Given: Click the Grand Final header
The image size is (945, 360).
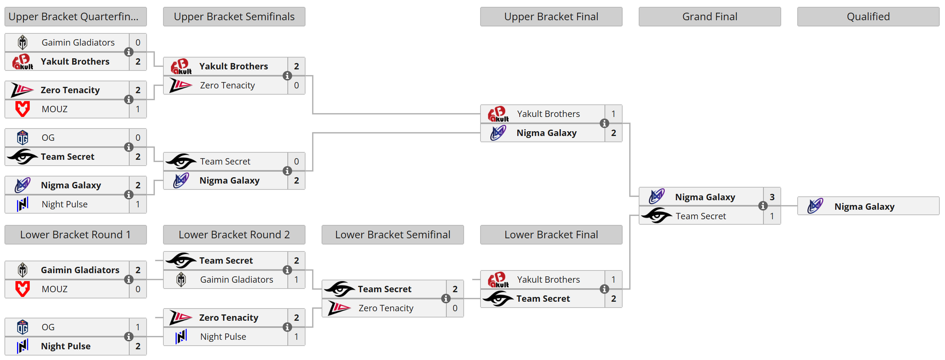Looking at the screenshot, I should click(710, 17).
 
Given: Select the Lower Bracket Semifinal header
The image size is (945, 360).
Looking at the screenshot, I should click(392, 235).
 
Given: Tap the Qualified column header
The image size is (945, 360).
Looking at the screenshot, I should click(868, 17).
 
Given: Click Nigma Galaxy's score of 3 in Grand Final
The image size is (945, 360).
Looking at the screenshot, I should click(772, 197).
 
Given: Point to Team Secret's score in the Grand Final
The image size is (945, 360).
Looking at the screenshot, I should click(772, 216).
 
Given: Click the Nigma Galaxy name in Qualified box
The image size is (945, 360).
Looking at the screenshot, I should click(864, 207).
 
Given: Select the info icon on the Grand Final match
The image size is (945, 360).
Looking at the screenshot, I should click(763, 206).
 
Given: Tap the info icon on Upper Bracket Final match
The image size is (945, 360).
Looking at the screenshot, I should click(604, 123).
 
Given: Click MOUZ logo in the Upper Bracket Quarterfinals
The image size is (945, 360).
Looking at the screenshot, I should click(23, 109).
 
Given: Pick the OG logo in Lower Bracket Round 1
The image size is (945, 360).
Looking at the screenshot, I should click(23, 327).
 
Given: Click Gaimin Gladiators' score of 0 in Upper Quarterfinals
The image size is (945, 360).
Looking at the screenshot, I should click(138, 42).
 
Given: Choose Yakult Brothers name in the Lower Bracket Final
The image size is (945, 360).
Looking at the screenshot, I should click(548, 280).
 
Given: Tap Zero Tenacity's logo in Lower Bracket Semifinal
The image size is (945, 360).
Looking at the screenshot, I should click(339, 308).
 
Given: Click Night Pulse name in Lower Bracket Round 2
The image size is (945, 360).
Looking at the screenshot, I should click(223, 337).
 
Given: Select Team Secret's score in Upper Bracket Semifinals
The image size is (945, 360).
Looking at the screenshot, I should click(296, 161).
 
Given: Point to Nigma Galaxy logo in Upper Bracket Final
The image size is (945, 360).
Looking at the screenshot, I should click(498, 133).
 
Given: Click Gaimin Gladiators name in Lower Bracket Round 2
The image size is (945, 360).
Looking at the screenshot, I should click(237, 280).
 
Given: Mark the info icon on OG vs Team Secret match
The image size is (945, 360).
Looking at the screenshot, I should click(128, 147).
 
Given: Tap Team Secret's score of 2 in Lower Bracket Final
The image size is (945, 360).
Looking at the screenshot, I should click(613, 299).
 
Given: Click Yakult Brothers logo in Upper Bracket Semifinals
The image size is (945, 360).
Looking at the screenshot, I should click(181, 66).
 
